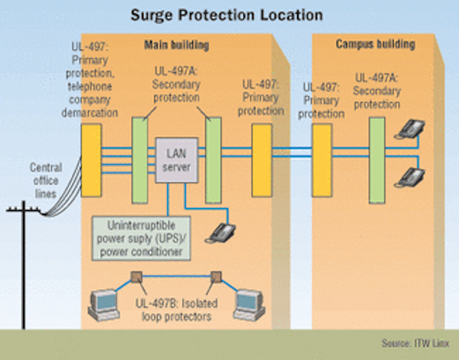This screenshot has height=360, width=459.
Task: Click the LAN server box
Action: point(176,160)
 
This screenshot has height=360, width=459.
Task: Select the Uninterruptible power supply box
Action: point(141,238)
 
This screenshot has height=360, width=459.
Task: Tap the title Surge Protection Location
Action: point(227,15)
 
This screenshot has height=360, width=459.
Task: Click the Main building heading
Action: point(176,45)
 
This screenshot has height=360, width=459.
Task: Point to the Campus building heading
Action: point(375,44)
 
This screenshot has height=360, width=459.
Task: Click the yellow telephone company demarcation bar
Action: point(91,161)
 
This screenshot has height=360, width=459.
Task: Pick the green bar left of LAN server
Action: point(140,160)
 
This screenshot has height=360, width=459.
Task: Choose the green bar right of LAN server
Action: point(213,160)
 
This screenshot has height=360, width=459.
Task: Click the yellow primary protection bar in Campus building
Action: point(322,161)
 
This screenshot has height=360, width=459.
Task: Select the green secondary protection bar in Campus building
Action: point(377,160)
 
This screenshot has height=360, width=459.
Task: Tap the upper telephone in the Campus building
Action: point(410,129)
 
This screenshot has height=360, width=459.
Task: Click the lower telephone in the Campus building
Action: point(410,177)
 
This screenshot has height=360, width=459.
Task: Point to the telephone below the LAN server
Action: point(220,233)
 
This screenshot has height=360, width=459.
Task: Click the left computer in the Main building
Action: point(104,305)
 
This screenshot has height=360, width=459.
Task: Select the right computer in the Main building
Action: point(249,305)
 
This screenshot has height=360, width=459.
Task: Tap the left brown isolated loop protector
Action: point(136,277)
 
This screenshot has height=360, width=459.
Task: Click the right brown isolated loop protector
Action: point(216,277)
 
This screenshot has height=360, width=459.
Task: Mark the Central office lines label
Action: point(46,181)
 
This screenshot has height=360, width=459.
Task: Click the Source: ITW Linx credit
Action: point(415,343)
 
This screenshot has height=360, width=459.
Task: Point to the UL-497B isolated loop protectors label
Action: point(176,310)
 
